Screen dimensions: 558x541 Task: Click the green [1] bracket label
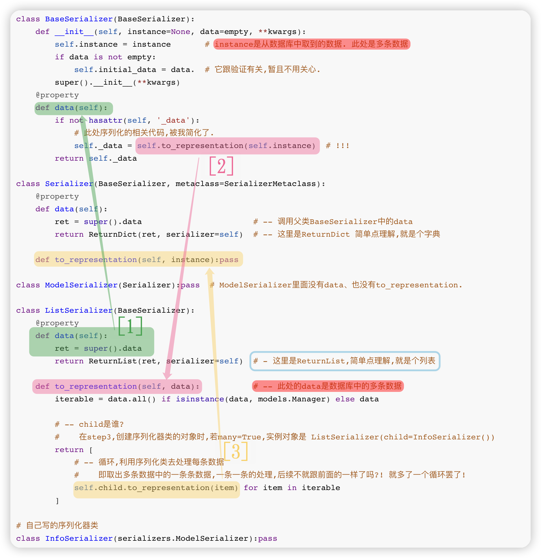pos(130,326)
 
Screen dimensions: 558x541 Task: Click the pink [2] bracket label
pos(221,166)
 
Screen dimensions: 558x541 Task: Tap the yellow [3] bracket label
pos(236,451)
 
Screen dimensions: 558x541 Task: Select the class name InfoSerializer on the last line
pos(79,538)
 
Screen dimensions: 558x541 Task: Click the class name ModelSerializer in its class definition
pos(81,285)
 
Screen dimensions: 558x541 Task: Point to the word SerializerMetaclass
pos(270,184)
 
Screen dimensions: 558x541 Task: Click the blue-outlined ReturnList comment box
pos(345,361)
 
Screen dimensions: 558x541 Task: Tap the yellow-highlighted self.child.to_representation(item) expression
pos(156,488)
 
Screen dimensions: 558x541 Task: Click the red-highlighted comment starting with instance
pos(312,44)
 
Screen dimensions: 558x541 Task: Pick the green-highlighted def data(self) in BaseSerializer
pos(73,108)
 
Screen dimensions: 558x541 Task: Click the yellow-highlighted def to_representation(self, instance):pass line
pos(138,259)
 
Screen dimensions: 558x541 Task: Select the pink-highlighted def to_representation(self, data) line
pos(117,386)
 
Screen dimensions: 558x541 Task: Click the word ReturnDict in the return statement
pos(113,234)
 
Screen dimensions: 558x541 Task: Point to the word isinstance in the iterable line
pos(200,399)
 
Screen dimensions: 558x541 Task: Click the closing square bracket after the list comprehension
pos(57,501)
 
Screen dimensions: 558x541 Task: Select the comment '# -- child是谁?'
pos(89,424)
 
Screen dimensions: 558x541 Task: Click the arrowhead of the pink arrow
pos(167,375)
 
